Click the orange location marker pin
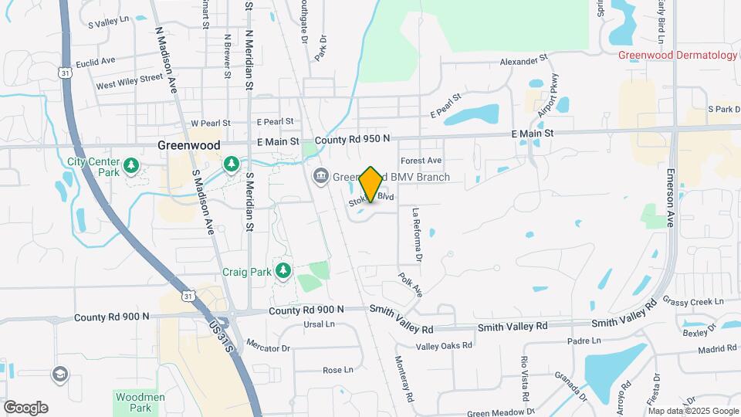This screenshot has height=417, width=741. tap(370, 185)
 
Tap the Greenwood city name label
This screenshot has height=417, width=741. tap(189, 145)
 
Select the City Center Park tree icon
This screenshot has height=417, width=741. tap(131, 164)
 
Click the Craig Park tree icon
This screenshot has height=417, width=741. tap(285, 270)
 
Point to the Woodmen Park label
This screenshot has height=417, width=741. tap(130, 402)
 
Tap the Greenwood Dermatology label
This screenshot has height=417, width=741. tap(677, 55)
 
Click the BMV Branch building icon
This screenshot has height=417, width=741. tap(320, 178)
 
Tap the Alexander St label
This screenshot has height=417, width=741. tap(523, 59)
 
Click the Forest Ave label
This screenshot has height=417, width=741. tap(421, 161)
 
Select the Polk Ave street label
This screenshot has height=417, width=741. tap(411, 285)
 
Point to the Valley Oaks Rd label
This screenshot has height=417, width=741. tap(444, 345)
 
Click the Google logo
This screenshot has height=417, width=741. tap(25, 408)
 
